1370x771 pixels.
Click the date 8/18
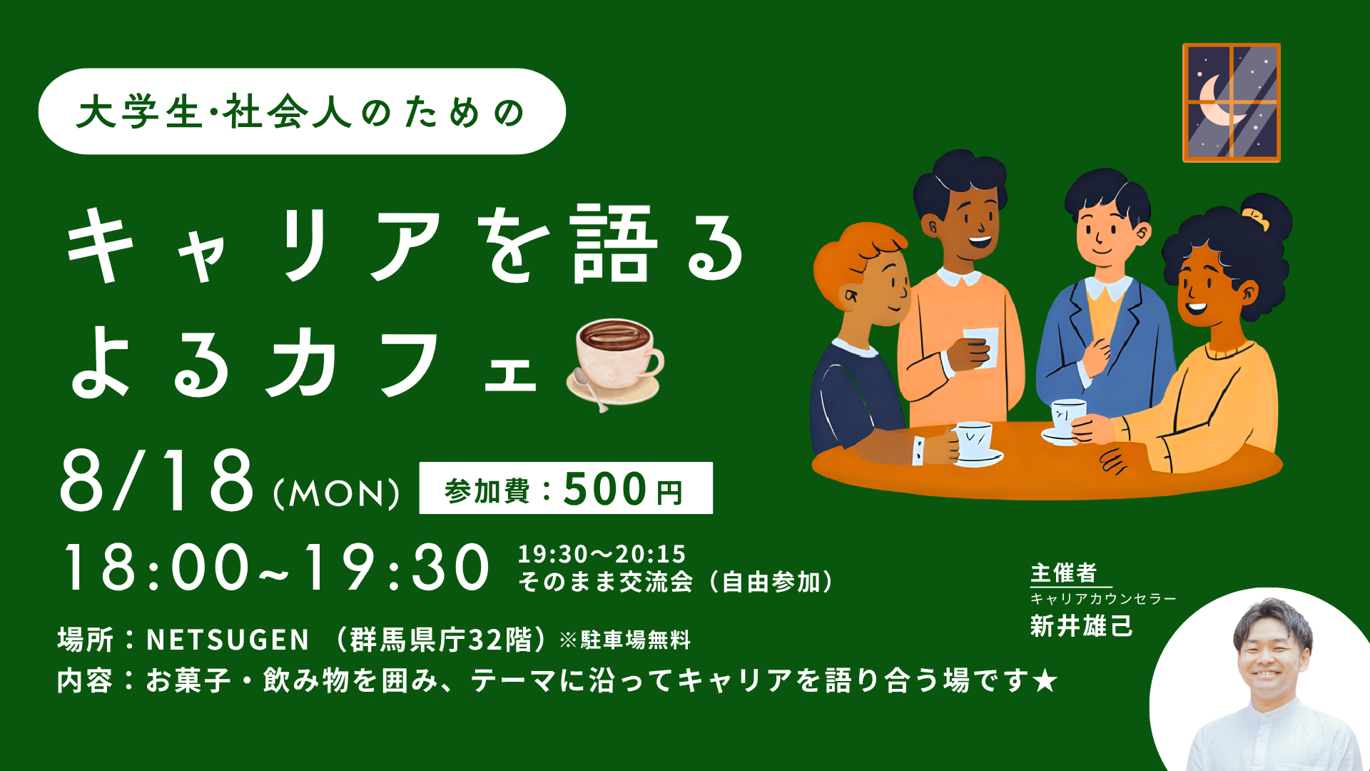click(157, 480)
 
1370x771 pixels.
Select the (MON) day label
click(336, 493)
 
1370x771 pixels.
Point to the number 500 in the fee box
click(605, 490)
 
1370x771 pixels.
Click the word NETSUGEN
click(228, 640)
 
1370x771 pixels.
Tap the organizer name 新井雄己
click(1081, 626)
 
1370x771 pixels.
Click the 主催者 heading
click(1063, 573)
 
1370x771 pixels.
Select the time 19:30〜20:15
click(602, 554)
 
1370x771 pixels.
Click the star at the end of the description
click(1045, 681)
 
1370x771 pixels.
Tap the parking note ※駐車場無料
click(625, 640)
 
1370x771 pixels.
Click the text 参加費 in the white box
click(487, 492)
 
